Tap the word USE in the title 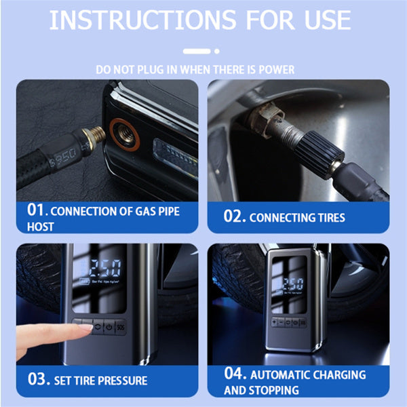click(x=324, y=20)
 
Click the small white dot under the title click(x=217, y=50)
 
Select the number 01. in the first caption click(x=38, y=210)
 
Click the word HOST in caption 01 click(x=41, y=227)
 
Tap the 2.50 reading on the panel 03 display click(x=100, y=265)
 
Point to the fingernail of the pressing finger click(x=85, y=328)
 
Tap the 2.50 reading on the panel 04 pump click(x=293, y=284)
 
